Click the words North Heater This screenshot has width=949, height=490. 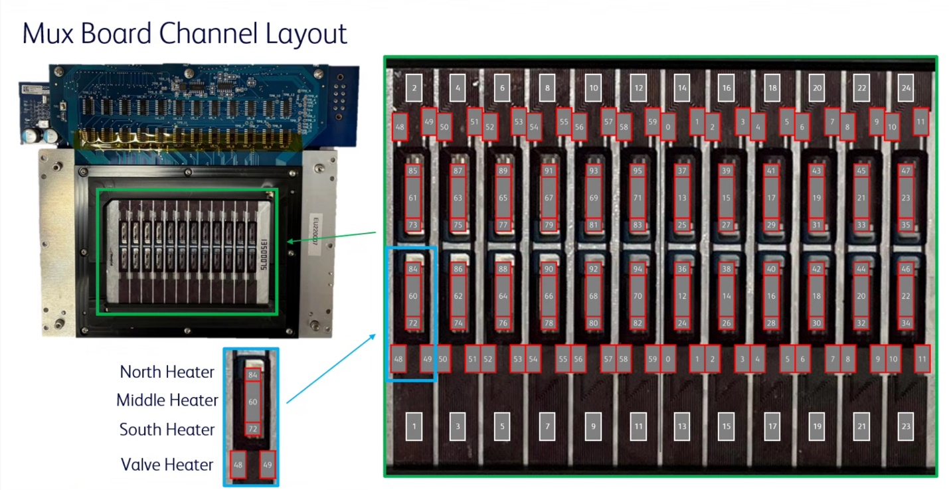point(167,372)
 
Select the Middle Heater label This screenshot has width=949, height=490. point(167,400)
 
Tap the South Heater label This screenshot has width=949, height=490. point(167,430)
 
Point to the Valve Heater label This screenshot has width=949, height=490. point(167,464)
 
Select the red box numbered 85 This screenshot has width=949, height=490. point(413,171)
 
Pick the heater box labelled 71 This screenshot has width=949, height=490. point(638,198)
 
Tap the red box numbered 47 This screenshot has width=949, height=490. point(906,171)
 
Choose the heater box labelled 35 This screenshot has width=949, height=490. point(906,225)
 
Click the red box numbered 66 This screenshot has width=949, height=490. point(548,296)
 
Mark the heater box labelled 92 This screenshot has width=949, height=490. point(593,270)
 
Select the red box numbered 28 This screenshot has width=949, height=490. point(771,323)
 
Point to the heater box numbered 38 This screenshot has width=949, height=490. point(727,270)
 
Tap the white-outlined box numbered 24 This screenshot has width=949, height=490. point(906,88)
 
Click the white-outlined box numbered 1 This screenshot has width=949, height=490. point(413,426)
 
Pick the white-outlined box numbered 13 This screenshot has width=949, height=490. point(681,426)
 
